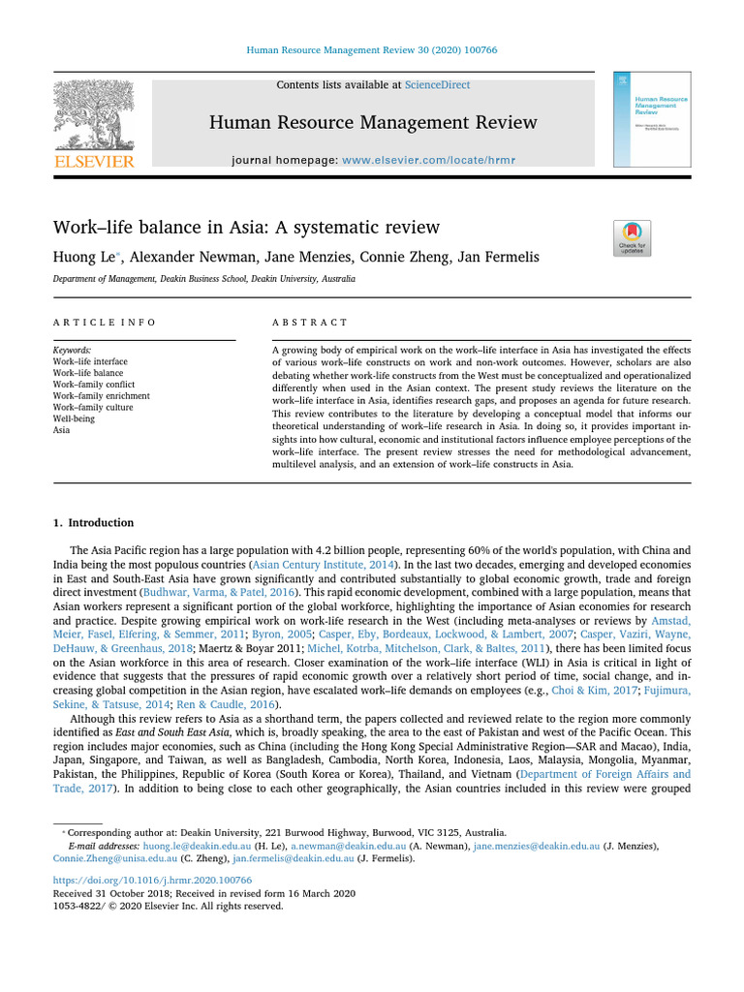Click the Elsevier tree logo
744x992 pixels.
pyautogui.click(x=93, y=116)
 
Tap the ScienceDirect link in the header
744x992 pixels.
pyautogui.click(x=437, y=85)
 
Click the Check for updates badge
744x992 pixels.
pyautogui.click(x=632, y=238)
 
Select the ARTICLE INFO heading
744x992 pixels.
pyautogui.click(x=104, y=322)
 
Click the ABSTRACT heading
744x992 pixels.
pyautogui.click(x=309, y=322)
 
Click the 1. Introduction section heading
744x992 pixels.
pyautogui.click(x=94, y=523)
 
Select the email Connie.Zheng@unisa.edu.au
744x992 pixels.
pyautogui.click(x=115, y=858)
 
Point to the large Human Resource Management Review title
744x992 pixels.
pyautogui.click(x=373, y=122)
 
